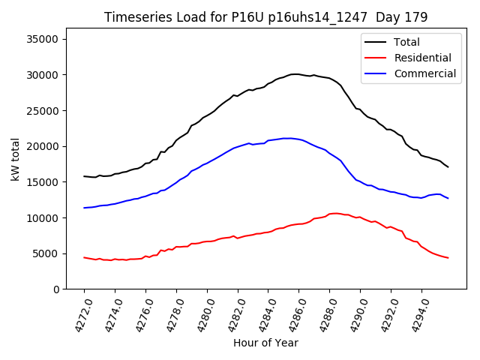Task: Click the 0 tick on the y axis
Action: [55, 289]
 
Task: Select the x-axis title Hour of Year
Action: [265, 343]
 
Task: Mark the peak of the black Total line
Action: [294, 74]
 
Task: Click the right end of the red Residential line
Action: [448, 258]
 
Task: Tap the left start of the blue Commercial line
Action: [84, 208]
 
